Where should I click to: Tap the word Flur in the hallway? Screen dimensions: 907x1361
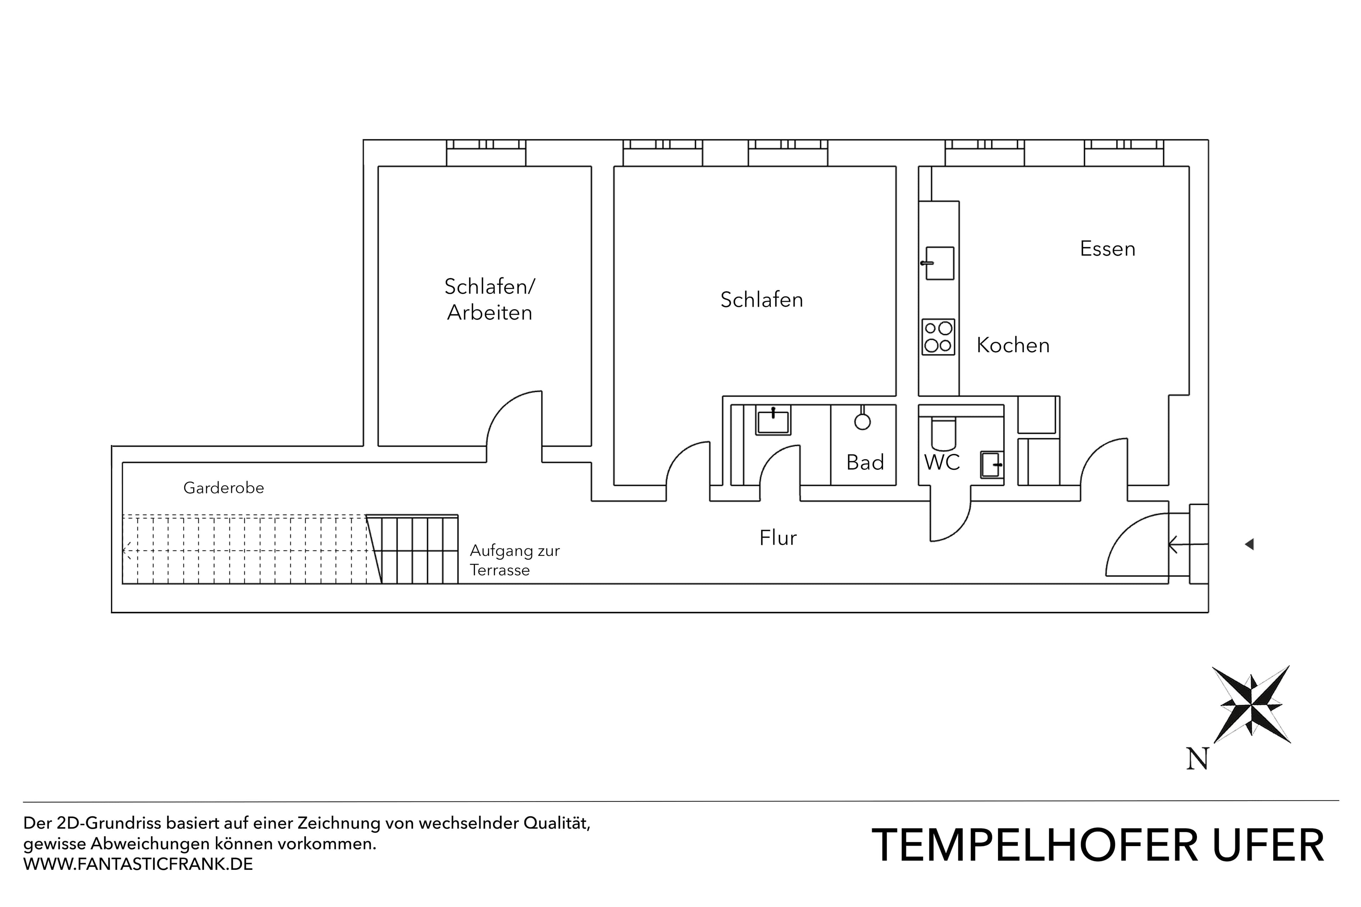[777, 538]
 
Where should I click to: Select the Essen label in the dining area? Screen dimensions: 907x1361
[1107, 249]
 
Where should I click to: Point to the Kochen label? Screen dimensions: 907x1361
[1013, 345]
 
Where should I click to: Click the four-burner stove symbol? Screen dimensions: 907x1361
[938, 337]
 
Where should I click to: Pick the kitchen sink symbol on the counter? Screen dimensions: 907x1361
[939, 263]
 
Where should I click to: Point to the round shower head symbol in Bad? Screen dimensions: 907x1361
[862, 422]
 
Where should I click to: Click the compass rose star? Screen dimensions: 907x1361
[1251, 705]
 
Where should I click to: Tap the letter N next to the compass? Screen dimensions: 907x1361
[1197, 758]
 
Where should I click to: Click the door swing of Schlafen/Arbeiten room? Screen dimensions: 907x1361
[512, 419]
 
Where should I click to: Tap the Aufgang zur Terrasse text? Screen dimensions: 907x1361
[514, 560]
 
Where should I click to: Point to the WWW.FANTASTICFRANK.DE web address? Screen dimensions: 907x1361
[138, 864]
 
